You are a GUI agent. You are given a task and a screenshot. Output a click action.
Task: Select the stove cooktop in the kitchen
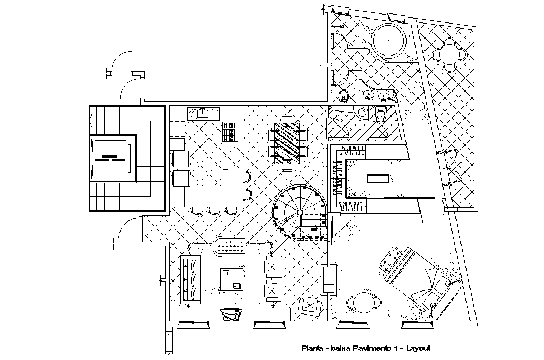pyautogui.click(x=230, y=132)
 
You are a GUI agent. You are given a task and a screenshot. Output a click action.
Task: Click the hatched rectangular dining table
pyautogui.click(x=289, y=142)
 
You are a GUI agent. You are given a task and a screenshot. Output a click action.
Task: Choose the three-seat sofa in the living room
pyautogui.click(x=191, y=279)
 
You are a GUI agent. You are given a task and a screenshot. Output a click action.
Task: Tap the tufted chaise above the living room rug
pyautogui.click(x=231, y=245)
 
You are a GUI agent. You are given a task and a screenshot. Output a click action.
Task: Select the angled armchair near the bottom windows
pyautogui.click(x=310, y=304)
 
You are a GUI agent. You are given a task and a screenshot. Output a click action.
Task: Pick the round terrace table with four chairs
pyautogui.click(x=449, y=54)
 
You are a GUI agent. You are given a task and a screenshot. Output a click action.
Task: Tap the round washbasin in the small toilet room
pyautogui.click(x=363, y=112)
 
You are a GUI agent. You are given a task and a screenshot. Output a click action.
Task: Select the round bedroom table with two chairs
pyautogui.click(x=364, y=303)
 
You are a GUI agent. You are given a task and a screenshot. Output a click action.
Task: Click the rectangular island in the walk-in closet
pyautogui.click(x=377, y=178)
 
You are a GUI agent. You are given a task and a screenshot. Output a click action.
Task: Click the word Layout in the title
pyautogui.click(x=418, y=348)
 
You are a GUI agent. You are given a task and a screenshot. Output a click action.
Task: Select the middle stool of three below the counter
pyautogui.click(x=215, y=211)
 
